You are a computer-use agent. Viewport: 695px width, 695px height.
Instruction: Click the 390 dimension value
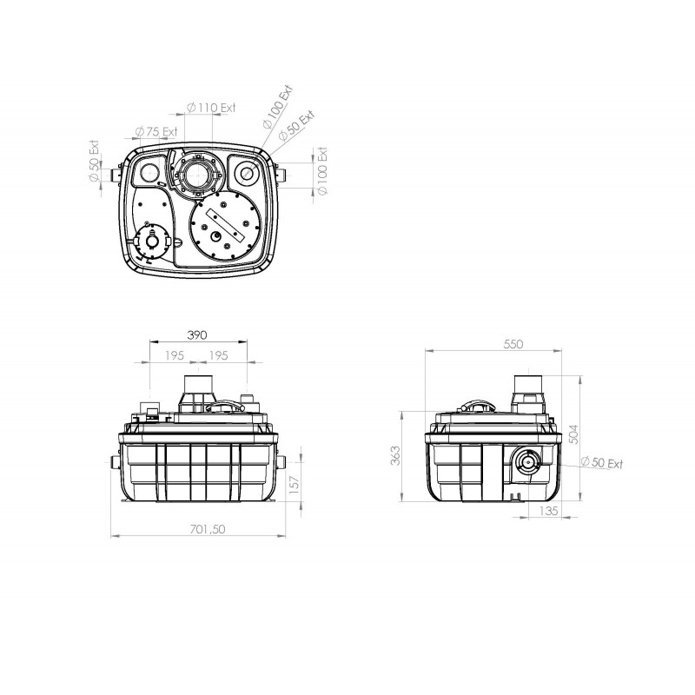click(197, 335)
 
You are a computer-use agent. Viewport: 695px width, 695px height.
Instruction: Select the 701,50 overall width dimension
click(208, 529)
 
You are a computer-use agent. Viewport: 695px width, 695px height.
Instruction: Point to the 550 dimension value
click(513, 344)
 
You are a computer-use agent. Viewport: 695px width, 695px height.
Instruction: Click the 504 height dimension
click(573, 434)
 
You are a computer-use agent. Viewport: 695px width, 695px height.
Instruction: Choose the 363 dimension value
click(395, 455)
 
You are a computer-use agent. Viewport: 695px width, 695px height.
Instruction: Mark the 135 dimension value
click(549, 511)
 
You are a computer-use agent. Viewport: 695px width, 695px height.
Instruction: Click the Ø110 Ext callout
click(211, 108)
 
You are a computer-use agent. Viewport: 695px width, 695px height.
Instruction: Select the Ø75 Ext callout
click(156, 132)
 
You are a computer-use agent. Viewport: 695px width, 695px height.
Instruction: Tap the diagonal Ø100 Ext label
click(278, 107)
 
